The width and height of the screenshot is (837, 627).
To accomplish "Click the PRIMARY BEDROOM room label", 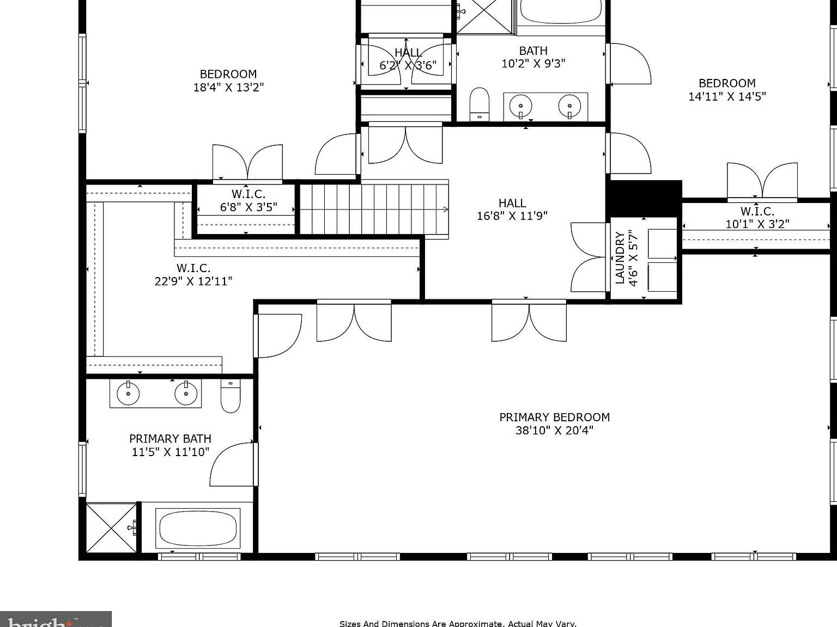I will click(x=554, y=417).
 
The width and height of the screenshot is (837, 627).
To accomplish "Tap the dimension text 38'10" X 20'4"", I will click(x=554, y=431).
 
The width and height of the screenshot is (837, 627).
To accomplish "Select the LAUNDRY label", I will click(x=620, y=258).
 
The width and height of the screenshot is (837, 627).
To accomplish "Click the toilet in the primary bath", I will click(x=231, y=396).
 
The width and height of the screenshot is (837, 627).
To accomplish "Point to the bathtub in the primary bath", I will click(x=198, y=528).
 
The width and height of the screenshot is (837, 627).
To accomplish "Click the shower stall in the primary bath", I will click(x=111, y=527).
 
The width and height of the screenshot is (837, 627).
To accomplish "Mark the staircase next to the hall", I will click(x=374, y=209).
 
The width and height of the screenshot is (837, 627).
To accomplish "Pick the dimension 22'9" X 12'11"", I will click(x=193, y=281).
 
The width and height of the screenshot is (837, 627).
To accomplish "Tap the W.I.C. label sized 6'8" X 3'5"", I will click(x=248, y=194).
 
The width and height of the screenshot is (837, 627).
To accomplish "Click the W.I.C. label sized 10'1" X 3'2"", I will click(x=757, y=211).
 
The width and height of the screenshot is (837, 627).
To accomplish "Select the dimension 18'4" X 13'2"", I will click(x=228, y=87).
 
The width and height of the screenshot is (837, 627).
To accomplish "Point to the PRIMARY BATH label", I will click(x=170, y=439).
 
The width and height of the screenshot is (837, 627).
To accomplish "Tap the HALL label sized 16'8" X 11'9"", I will click(x=512, y=203).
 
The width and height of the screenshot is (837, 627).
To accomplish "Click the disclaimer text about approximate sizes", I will click(x=458, y=624).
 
